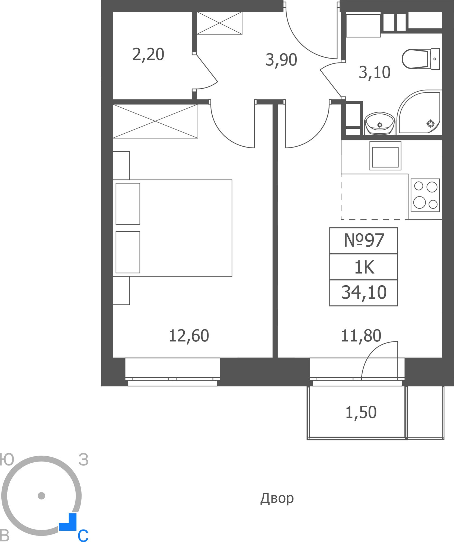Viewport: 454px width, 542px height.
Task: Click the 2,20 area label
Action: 148,54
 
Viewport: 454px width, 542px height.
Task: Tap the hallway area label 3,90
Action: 281,60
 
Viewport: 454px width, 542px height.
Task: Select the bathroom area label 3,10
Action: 375,72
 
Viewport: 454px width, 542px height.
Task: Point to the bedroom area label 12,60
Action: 189,336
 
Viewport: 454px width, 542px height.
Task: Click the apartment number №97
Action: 364,240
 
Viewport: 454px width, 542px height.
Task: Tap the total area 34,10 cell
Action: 364,293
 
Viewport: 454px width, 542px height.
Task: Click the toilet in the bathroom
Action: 421,59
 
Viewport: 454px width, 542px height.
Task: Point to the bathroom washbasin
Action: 379,123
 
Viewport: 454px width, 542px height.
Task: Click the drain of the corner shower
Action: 430,124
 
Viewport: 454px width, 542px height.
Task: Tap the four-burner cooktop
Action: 425,195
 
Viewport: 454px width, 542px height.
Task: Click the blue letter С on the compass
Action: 83,535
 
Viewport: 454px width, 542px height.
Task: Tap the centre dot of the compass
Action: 41,496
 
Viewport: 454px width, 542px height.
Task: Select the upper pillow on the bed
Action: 128,204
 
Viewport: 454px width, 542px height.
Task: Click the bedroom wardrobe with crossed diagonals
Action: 155,121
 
